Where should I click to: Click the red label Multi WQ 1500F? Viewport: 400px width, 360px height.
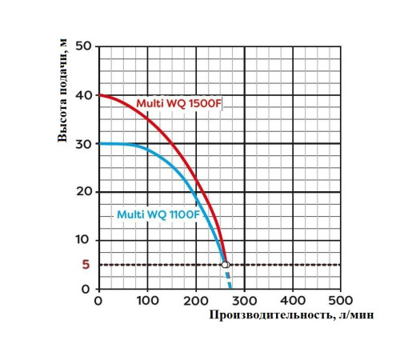click(x=178, y=104)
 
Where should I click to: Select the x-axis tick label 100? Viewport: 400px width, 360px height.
click(x=147, y=301)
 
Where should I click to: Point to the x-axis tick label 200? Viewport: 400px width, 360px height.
click(x=195, y=301)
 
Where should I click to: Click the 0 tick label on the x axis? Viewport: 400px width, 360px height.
click(x=98, y=301)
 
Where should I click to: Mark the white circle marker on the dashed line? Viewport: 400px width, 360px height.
click(x=225, y=264)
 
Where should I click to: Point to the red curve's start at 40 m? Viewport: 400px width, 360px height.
click(x=100, y=96)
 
